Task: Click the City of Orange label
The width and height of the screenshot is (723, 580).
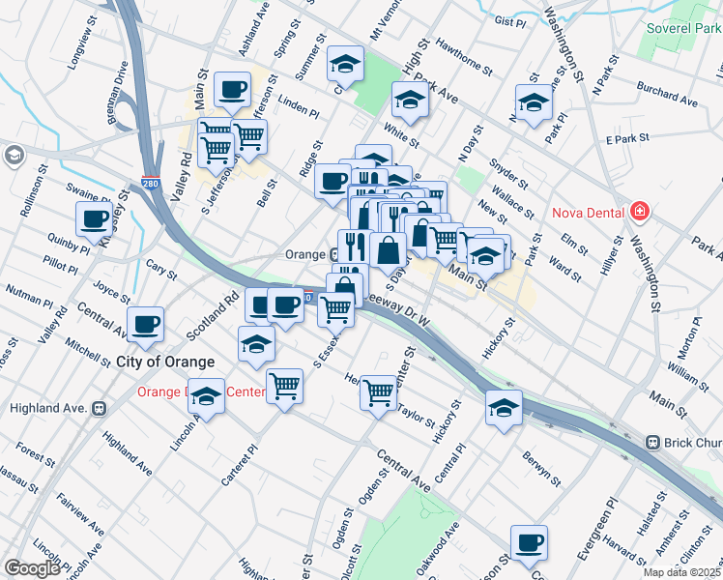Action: (165, 362)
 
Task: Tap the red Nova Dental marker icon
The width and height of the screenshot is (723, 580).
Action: (639, 211)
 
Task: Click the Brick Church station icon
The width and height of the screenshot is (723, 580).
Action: (653, 442)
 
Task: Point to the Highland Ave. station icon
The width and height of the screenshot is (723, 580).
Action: (99, 408)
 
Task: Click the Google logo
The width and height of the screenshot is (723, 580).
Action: (32, 568)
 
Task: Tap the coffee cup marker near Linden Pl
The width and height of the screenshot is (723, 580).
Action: (232, 90)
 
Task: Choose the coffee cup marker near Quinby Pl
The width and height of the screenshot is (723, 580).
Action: (95, 218)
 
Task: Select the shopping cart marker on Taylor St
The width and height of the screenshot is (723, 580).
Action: (379, 391)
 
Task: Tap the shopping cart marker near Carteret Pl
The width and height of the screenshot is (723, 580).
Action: (285, 387)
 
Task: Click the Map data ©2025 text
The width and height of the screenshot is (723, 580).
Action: (682, 572)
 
